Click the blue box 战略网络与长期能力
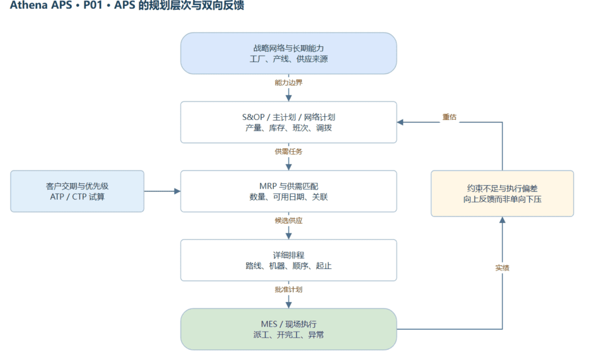(289, 53)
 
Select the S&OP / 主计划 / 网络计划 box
(289, 122)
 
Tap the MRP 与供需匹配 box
(289, 191)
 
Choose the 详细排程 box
(289, 260)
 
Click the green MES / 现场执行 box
(289, 329)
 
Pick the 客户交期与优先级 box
(77, 191)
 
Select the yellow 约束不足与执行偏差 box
(502, 194)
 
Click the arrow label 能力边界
(289, 83)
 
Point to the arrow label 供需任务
(289, 152)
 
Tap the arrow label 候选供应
(289, 220)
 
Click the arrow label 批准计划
(289, 289)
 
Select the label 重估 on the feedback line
(449, 117)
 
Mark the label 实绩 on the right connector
(502, 268)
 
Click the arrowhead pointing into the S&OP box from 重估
(400, 122)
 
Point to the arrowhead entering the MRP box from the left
(177, 191)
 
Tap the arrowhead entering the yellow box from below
(502, 220)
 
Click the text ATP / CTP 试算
(77, 197)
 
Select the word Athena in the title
(26, 5)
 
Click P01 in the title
(93, 5)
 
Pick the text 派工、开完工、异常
(289, 335)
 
